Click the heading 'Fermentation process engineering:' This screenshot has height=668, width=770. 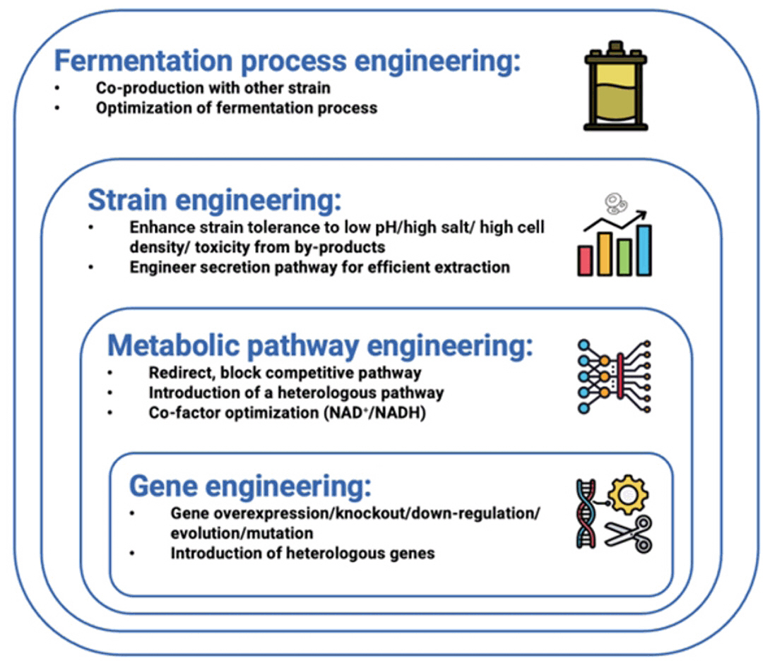[x=287, y=61]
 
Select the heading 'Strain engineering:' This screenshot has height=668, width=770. [x=214, y=200]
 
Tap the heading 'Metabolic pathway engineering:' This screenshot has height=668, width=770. [x=320, y=347]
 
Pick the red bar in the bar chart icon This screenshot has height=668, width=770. [x=586, y=261]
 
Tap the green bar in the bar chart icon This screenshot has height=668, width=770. [x=624, y=256]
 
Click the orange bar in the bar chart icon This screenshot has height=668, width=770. [x=605, y=254]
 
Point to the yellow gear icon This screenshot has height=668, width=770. [x=628, y=495]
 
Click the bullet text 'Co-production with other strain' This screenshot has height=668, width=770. [x=213, y=89]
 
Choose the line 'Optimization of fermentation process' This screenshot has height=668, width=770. [x=237, y=108]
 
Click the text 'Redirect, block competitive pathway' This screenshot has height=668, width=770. [x=285, y=372]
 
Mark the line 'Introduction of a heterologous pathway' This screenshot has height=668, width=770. [x=296, y=392]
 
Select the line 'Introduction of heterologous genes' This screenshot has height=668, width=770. [x=302, y=553]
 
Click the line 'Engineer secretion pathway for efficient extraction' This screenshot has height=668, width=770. [x=319, y=268]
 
